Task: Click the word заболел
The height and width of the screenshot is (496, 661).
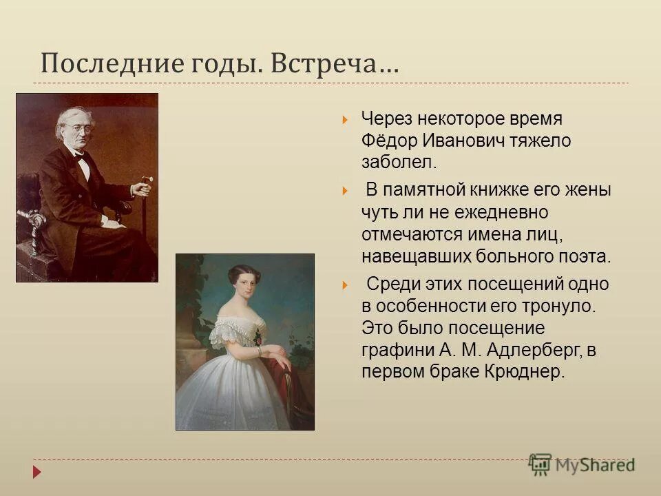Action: click(398, 163)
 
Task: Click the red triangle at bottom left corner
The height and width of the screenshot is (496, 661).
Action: click(36, 472)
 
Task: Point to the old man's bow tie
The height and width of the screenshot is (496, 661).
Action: click(82, 158)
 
